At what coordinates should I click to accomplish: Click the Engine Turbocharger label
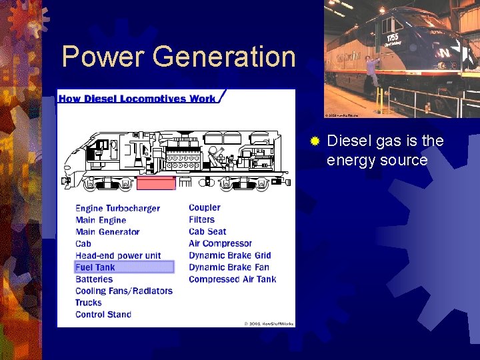pyautogui.click(x=117, y=209)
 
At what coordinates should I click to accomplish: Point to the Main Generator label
pyautogui.click(x=107, y=232)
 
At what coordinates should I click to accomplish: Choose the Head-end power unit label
pyautogui.click(x=118, y=255)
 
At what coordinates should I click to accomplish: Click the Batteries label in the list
pyautogui.click(x=94, y=279)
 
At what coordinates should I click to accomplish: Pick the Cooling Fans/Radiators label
pyautogui.click(x=124, y=291)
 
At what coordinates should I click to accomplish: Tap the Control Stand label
pyautogui.click(x=103, y=315)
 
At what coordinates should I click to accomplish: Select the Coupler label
pyautogui.click(x=204, y=208)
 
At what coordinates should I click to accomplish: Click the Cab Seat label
pyautogui.click(x=207, y=232)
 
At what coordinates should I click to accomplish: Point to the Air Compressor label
pyautogui.click(x=220, y=244)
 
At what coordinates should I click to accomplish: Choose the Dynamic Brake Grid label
pyautogui.click(x=229, y=255)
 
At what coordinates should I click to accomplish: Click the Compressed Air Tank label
pyautogui.click(x=232, y=279)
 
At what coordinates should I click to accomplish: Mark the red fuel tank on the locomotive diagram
pyautogui.click(x=156, y=183)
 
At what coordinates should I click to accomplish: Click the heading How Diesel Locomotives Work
pyautogui.click(x=137, y=99)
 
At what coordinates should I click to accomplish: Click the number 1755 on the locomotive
pyautogui.click(x=393, y=37)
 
